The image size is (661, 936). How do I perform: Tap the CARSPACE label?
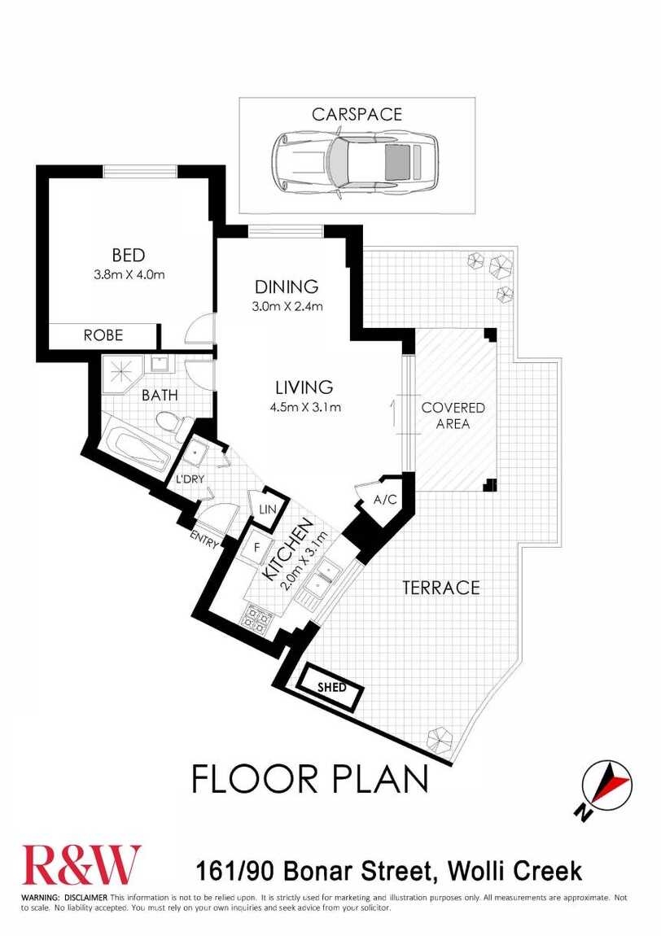click(357, 114)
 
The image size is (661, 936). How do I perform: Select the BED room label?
click(129, 256)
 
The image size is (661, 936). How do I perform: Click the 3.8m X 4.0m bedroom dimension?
click(129, 275)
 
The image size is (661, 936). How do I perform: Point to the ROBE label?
click(103, 335)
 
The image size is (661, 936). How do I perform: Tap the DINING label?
click(287, 287)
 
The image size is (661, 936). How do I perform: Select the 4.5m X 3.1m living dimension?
click(304, 409)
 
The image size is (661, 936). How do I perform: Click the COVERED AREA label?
click(453, 416)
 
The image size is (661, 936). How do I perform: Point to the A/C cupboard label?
click(385, 500)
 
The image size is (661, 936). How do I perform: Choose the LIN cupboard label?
click(268, 510)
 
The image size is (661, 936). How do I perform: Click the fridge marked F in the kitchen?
click(257, 546)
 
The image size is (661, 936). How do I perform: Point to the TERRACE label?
click(440, 588)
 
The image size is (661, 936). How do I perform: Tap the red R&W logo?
click(81, 865)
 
